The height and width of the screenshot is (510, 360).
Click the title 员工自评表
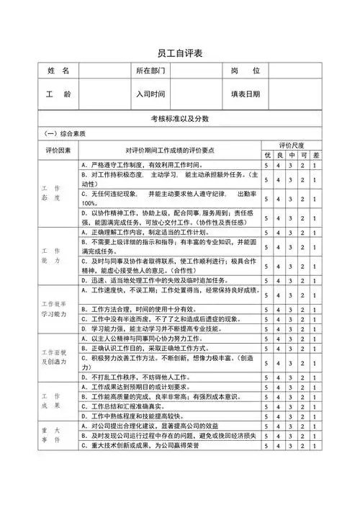tap(180, 54)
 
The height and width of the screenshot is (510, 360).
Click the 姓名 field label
tap(58, 71)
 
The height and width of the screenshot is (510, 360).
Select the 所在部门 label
tap(151, 71)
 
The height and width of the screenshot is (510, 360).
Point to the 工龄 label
tap(58, 94)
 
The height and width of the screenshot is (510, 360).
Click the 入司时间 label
tap(151, 94)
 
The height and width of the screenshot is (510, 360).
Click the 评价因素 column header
tap(58, 150)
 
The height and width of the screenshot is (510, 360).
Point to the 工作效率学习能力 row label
tap(58, 308)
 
